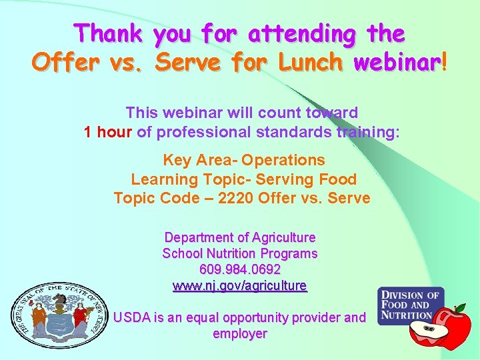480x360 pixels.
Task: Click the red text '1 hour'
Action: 109,132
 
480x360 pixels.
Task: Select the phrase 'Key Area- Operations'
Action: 244,160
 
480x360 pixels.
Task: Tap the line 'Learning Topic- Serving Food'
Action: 244,179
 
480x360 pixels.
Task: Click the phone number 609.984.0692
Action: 240,270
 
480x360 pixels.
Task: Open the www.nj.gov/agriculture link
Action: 240,286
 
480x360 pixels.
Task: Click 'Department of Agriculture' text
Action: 240,237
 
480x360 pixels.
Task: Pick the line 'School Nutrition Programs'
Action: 240,253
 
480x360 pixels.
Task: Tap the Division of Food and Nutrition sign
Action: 410,305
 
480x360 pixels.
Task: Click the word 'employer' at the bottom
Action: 240,333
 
